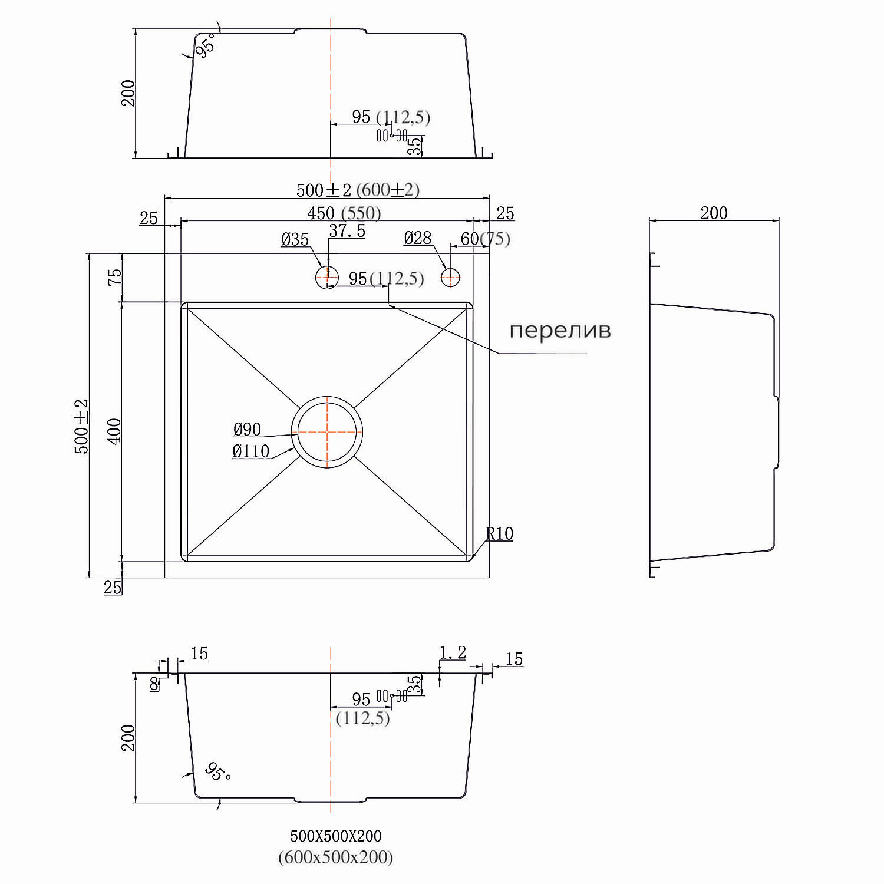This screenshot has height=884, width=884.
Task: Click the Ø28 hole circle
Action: point(451,276)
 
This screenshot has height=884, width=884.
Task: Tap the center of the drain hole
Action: point(327,431)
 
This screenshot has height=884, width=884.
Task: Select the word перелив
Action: point(560,331)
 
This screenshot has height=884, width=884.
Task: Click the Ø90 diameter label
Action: point(247,430)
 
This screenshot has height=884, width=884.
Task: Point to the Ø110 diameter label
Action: point(250,451)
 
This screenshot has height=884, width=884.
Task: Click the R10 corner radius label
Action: point(500,534)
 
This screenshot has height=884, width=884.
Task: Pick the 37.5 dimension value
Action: point(347,232)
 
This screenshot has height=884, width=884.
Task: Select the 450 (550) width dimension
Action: point(344,213)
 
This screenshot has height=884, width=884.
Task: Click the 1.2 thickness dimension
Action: point(453,652)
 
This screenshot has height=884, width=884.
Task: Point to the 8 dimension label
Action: point(154,684)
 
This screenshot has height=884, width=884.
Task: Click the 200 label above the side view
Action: point(714,213)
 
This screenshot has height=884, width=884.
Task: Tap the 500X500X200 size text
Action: point(335,836)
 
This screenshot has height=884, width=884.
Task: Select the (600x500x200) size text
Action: point(335,857)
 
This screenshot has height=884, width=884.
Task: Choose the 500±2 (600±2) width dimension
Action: point(357,190)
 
